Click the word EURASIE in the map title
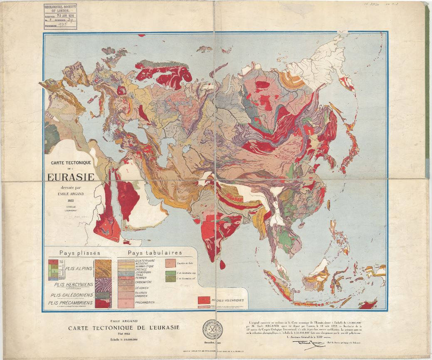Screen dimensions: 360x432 [x=70, y=177]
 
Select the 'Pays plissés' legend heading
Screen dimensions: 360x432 [x=77, y=253]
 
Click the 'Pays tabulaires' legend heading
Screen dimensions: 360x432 [x=155, y=253]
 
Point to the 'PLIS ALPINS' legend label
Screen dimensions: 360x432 [x=78, y=268]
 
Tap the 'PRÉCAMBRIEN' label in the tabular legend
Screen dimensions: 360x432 [x=144, y=303]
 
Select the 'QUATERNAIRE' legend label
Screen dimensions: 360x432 [x=146, y=261]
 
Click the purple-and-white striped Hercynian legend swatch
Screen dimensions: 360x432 [x=103, y=285]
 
